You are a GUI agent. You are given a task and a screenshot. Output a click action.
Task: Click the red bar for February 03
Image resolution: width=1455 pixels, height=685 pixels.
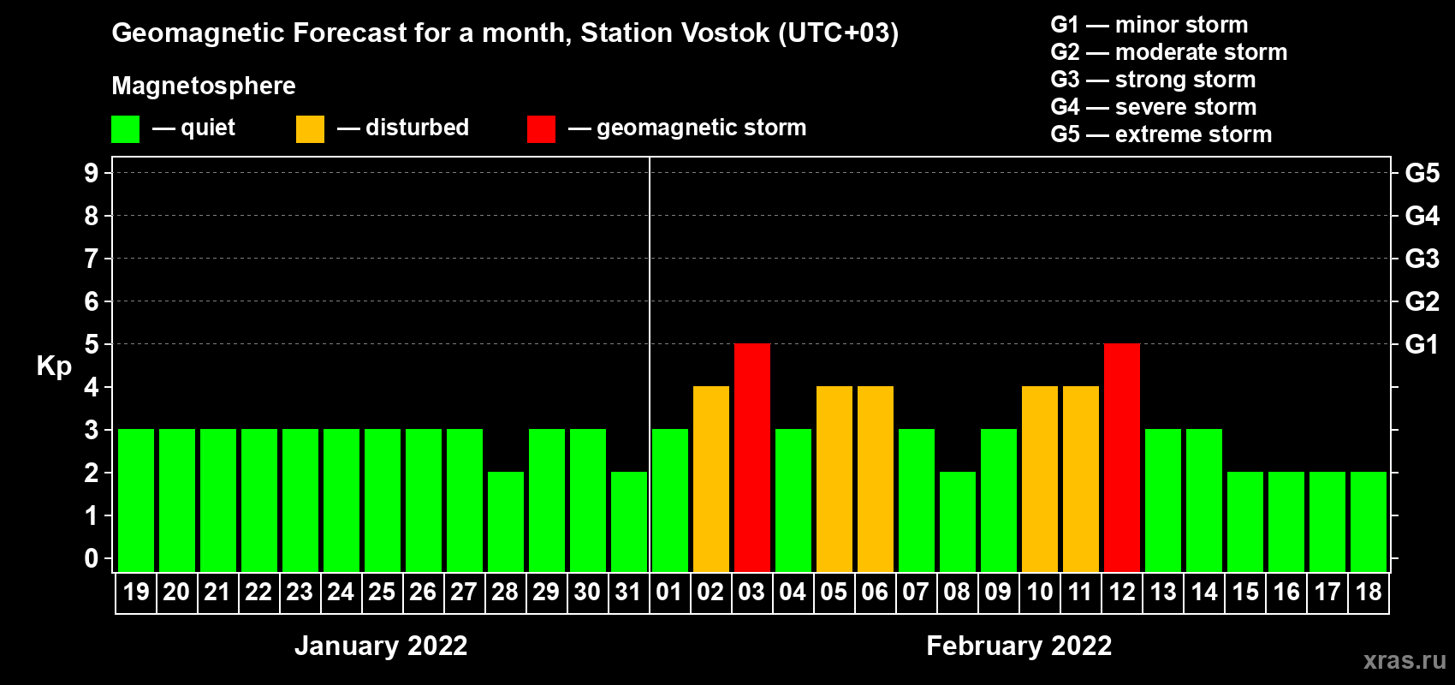(x=752, y=457)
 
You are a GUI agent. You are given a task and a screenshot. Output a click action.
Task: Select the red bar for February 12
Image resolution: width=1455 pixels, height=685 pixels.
(x=1122, y=457)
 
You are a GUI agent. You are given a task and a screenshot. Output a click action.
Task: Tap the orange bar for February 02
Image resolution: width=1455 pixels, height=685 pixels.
(x=711, y=479)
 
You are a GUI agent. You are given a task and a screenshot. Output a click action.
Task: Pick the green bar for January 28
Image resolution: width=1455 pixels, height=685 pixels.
(x=506, y=521)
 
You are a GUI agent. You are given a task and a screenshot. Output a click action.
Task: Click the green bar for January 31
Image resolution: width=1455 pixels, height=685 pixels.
(x=629, y=521)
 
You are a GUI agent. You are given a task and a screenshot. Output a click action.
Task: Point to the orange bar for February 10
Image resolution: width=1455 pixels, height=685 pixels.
(x=1040, y=479)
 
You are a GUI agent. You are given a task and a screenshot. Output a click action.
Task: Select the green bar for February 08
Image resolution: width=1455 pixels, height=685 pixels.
(x=958, y=521)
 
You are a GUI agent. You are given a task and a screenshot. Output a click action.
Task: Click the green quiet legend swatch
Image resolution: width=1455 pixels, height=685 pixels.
(x=125, y=128)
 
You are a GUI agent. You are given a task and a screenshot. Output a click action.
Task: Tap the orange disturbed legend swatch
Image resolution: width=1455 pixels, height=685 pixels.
(x=310, y=128)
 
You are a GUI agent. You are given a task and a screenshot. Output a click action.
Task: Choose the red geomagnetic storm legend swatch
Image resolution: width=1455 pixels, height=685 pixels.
(x=541, y=128)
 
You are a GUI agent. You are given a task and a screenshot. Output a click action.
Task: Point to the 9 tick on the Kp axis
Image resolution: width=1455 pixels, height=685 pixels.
(x=91, y=173)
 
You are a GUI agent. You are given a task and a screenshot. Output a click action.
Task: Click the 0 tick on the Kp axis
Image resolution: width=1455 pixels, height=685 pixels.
(x=91, y=558)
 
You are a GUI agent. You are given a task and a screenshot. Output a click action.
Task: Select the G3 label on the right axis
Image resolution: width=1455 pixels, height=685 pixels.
(x=1422, y=259)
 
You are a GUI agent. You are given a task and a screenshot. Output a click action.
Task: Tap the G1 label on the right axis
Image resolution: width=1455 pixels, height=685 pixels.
(x=1422, y=344)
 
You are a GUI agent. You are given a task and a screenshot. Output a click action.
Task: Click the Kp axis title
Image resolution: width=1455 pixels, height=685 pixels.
(x=54, y=366)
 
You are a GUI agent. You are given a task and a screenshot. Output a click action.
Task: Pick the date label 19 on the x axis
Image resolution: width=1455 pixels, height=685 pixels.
(x=136, y=592)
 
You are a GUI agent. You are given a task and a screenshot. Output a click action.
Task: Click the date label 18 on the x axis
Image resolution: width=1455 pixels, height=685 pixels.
(x=1369, y=592)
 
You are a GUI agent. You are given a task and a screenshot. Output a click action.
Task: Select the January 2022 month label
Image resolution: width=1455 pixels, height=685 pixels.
(x=381, y=646)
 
